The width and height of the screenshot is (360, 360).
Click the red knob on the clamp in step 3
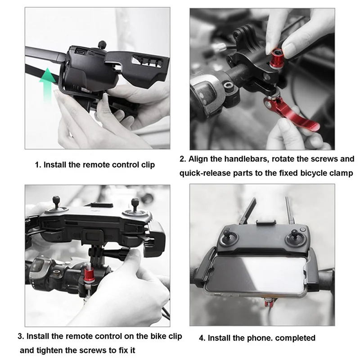pos(88,273)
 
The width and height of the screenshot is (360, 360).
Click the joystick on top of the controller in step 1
pos(102,44)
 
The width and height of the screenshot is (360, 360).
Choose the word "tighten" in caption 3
pos(49,351)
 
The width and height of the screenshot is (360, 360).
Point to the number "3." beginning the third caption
pos(21,336)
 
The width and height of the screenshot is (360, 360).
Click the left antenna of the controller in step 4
pos(247,211)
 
